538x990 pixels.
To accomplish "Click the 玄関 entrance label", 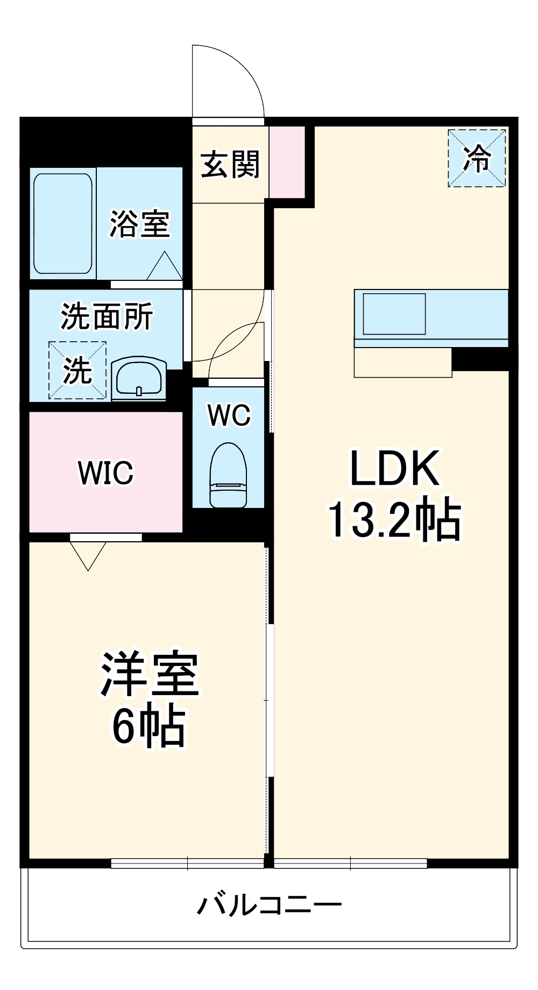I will [x=230, y=164].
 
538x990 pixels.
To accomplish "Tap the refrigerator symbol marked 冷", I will [x=477, y=158].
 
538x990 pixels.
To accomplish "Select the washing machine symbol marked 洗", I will [x=77, y=370].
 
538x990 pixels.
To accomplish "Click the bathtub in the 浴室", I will [x=63, y=223].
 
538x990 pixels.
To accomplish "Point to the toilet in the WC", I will [x=228, y=475].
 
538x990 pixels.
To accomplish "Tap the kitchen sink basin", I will [x=394, y=314].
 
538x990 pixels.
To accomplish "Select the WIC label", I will [x=105, y=472].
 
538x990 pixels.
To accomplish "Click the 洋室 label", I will [x=149, y=675].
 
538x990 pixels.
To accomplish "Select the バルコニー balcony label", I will [x=268, y=906].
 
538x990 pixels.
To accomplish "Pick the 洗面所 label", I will [x=107, y=316].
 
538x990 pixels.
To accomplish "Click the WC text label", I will [x=229, y=415].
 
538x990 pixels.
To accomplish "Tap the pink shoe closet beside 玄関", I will [x=287, y=161].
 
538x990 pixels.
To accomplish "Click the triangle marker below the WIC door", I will [x=88, y=554].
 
